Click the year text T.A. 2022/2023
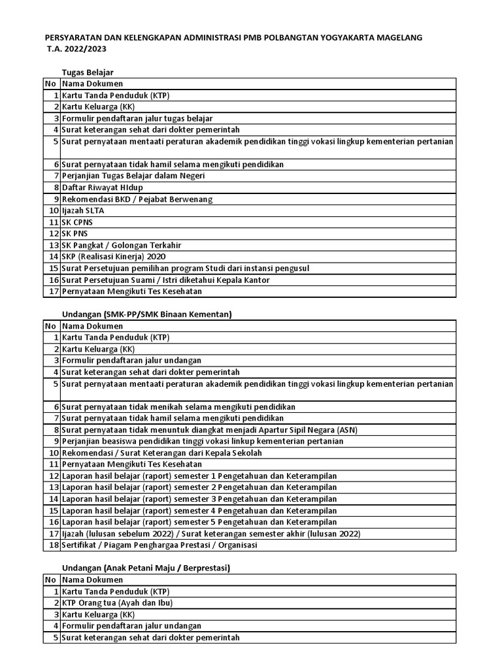(x=77, y=49)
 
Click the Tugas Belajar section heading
(x=92, y=73)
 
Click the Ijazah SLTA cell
(x=83, y=210)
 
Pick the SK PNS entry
(x=75, y=233)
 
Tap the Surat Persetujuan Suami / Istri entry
(x=176, y=280)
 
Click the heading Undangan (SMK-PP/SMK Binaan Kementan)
(x=148, y=314)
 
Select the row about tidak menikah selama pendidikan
(x=178, y=406)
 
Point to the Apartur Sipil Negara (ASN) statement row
(x=209, y=429)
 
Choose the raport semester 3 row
(x=199, y=498)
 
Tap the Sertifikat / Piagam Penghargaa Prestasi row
(x=159, y=545)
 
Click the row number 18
(x=54, y=545)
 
